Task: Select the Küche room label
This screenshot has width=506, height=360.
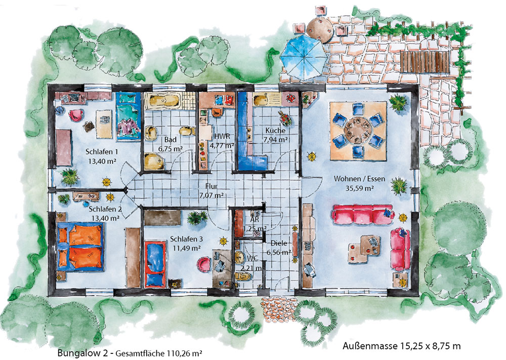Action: [x=275, y=131]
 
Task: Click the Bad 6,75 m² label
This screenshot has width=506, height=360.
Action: [x=171, y=144]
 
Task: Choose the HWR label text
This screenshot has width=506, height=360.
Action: [x=222, y=136]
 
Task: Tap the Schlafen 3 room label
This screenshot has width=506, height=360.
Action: [x=186, y=239]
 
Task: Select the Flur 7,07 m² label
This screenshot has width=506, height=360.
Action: [x=212, y=191]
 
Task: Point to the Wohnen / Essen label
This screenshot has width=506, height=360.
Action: [x=359, y=179]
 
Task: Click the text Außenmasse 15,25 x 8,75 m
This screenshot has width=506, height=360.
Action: [x=401, y=346]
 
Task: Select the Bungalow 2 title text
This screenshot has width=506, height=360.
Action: [x=83, y=353]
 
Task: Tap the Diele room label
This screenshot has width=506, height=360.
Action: [x=279, y=243]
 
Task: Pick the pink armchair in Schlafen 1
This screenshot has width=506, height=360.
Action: [x=76, y=114]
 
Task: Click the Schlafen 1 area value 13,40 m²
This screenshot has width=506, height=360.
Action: [x=102, y=161]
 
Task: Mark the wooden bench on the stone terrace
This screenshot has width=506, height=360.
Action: [x=425, y=62]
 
